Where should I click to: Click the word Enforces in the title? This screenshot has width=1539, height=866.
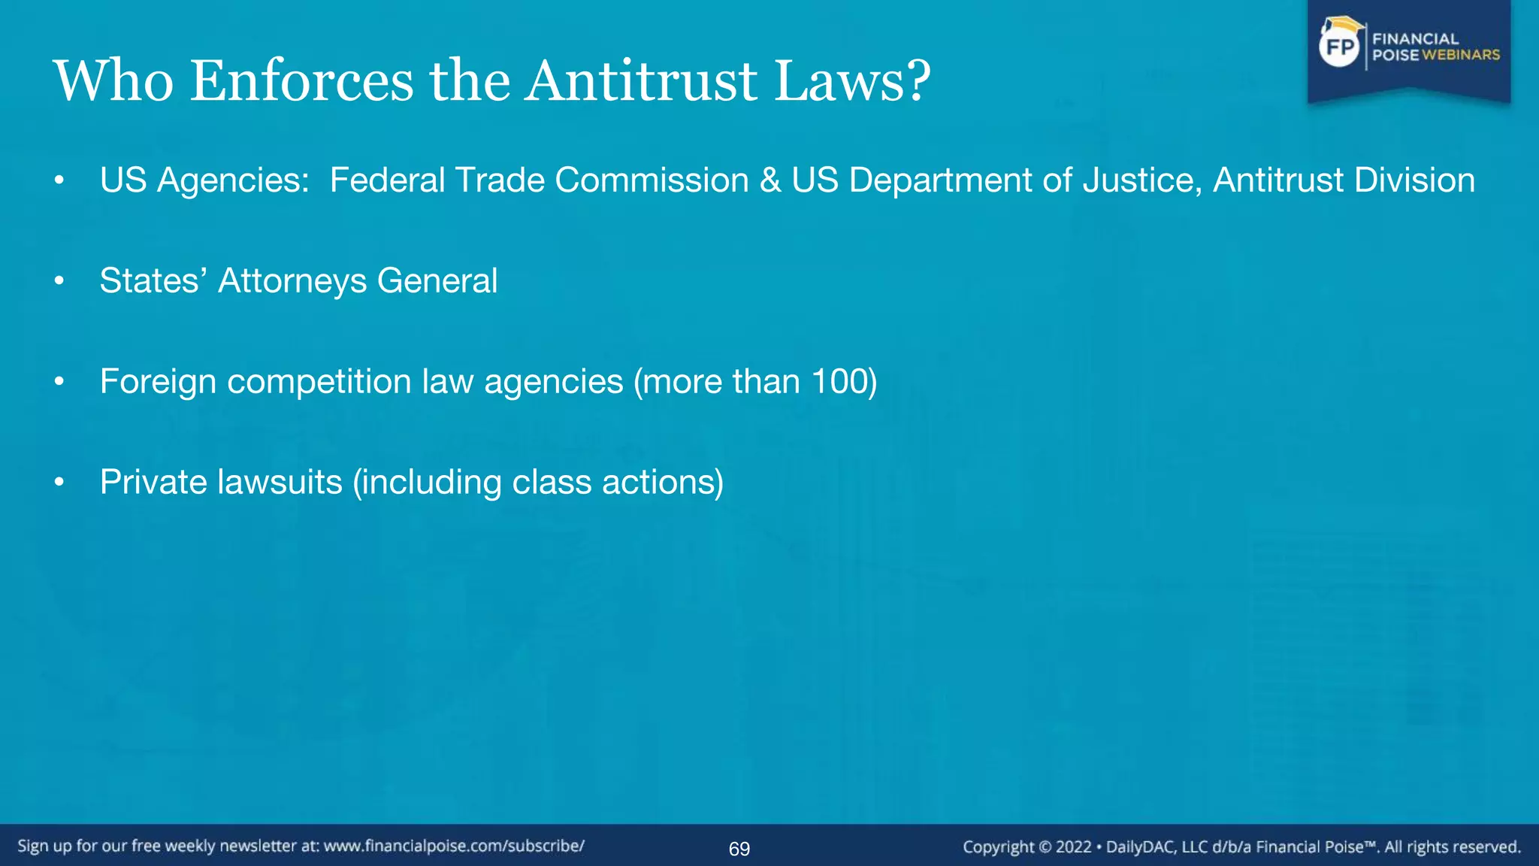click(x=301, y=80)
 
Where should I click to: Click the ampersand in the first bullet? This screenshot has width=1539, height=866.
click(x=770, y=180)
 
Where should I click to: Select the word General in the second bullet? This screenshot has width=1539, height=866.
click(x=437, y=281)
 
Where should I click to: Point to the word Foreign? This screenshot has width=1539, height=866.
click(x=158, y=382)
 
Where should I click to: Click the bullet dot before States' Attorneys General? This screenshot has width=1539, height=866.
click(x=59, y=282)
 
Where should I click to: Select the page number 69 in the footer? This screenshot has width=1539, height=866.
click(x=739, y=849)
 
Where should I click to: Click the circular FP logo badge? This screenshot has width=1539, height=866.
click(x=1340, y=47)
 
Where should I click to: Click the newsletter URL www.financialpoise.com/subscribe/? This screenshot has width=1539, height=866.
click(x=454, y=846)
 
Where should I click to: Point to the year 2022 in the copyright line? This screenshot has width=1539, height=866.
click(x=1073, y=847)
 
